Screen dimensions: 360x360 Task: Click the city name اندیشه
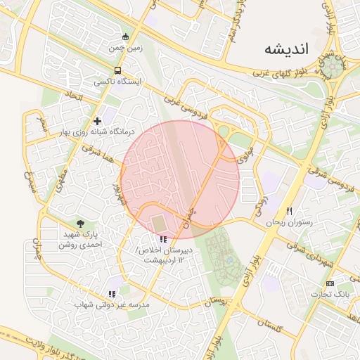click(x=286, y=49)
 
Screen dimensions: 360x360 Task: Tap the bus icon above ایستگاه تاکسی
click(x=117, y=70)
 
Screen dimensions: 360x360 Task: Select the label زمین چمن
click(x=125, y=49)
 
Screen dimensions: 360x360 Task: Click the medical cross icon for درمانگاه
click(x=97, y=121)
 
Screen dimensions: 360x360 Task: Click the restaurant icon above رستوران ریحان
click(x=288, y=211)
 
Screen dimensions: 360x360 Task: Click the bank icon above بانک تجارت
click(x=331, y=283)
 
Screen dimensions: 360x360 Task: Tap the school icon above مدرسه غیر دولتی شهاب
click(x=112, y=294)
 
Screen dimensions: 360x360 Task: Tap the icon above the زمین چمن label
click(x=125, y=37)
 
